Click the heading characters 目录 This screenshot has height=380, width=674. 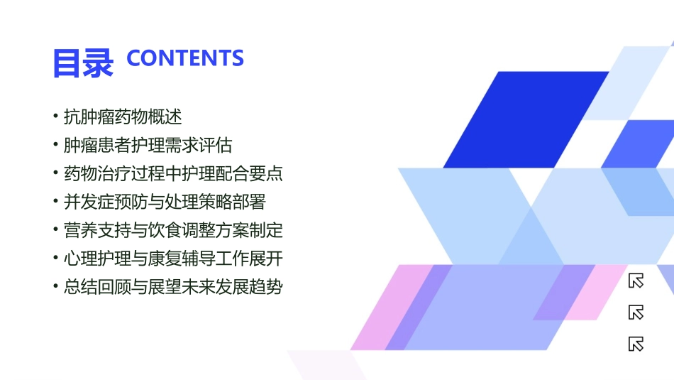[82, 62]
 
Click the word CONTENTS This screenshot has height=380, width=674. [185, 58]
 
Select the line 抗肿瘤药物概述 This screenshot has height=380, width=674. [123, 116]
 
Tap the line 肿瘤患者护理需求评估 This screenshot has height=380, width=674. [148, 145]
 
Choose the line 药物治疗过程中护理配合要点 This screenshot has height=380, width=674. [173, 173]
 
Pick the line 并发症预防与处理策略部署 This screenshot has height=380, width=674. [165, 202]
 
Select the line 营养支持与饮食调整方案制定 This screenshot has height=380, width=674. [173, 230]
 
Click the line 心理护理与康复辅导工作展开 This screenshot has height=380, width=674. [173, 259]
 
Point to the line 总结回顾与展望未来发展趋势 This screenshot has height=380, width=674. [173, 287]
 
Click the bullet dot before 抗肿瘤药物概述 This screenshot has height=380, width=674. [56, 116]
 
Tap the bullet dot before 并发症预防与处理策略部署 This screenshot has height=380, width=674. [56, 202]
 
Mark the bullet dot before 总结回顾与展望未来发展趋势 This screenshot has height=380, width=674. [56, 287]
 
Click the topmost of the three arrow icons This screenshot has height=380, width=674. [636, 281]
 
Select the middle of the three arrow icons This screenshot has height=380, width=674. [636, 313]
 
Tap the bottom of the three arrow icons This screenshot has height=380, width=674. [636, 344]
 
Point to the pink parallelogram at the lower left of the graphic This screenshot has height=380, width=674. [387, 309]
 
